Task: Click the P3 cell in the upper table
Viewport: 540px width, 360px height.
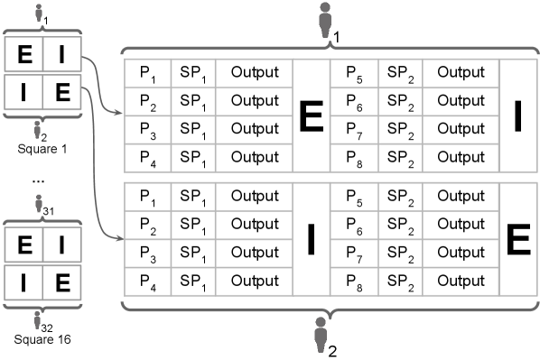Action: (145, 135)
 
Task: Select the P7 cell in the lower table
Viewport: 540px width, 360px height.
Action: (355, 258)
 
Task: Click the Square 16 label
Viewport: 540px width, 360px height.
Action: (38, 340)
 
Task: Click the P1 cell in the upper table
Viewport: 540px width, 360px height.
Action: (145, 72)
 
